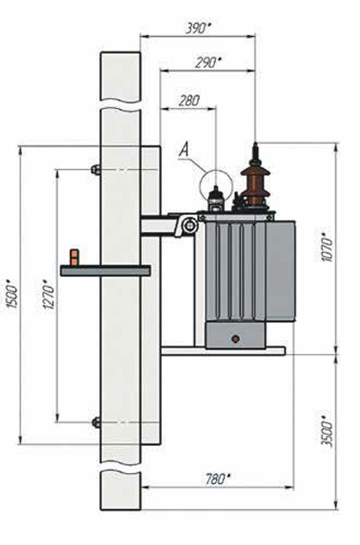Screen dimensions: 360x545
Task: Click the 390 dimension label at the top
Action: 199,29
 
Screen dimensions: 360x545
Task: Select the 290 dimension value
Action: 208,63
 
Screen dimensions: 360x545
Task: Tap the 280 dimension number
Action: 190,101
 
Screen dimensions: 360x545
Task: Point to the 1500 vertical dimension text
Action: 13,296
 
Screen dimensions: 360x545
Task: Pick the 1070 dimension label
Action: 328,249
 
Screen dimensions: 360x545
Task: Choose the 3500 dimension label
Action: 327,431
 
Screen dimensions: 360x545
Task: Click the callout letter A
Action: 184,150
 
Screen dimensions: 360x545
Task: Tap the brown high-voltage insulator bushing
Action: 256,184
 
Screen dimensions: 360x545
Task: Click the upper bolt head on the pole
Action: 95,169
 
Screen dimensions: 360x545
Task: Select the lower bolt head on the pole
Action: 96,423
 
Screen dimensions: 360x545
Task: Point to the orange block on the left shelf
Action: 74,257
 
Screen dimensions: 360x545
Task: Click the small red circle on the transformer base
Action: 236,339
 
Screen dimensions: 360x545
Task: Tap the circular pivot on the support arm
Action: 190,225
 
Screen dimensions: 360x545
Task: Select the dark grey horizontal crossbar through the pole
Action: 105,271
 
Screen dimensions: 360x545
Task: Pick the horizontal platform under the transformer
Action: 223,351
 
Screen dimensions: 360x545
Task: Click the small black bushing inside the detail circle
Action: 216,199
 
